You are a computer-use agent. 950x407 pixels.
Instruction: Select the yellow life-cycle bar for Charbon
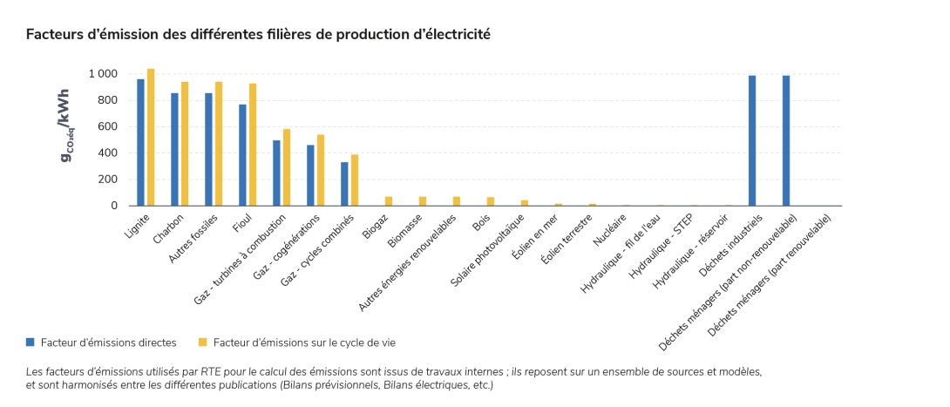[x=185, y=144]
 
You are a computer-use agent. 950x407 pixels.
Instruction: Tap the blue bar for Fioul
[x=243, y=155]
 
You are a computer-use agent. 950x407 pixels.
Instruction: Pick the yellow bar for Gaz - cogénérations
[x=321, y=170]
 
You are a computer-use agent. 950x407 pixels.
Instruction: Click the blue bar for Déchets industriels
[x=752, y=140]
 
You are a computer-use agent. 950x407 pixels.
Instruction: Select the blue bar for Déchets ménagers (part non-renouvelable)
[x=786, y=140]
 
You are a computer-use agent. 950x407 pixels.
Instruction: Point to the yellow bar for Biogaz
[x=389, y=201]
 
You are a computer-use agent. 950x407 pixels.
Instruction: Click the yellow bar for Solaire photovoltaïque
[x=525, y=203]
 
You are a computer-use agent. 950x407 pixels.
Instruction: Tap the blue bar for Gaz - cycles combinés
[x=344, y=184]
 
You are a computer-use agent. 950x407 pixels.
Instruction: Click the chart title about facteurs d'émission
[x=258, y=35]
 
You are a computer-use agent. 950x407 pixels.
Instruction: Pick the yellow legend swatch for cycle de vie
[x=202, y=343]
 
